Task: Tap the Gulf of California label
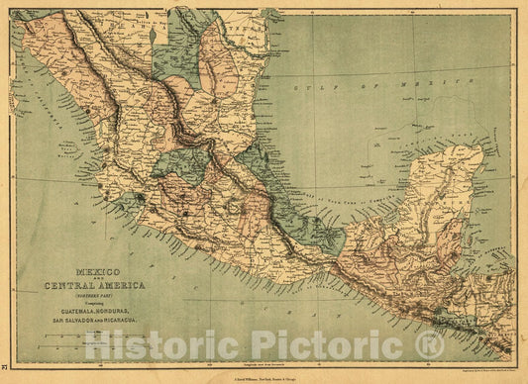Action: pyautogui.click(x=40, y=99)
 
